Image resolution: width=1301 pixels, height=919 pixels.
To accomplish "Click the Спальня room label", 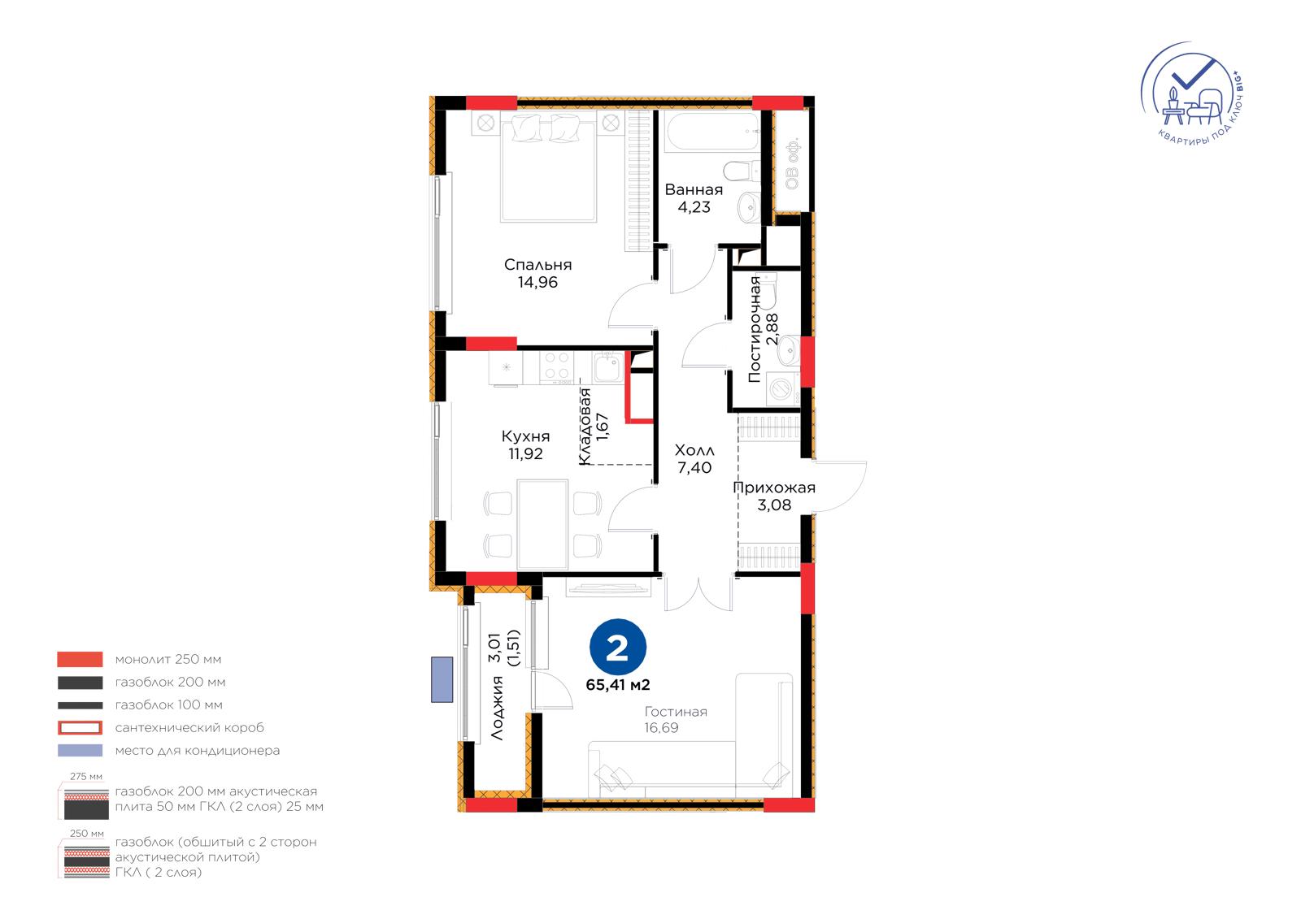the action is (537, 265).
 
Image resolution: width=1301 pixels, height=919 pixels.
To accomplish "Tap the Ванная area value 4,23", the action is (694, 207).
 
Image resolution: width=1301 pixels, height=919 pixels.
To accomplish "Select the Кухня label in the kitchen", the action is (525, 436).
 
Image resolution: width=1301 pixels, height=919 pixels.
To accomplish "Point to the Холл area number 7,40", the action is (694, 467).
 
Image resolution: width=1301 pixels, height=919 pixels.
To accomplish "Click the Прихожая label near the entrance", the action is (773, 488).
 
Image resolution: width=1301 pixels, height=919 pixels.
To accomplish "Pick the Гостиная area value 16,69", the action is (661, 728).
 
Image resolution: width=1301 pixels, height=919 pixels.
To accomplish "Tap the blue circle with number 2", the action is (617, 648).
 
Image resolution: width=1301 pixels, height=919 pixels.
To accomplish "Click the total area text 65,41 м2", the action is (617, 685).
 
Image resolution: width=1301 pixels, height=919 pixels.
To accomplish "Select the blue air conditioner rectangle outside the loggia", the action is (442, 679).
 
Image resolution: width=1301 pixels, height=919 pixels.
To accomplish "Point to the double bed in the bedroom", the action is (548, 167).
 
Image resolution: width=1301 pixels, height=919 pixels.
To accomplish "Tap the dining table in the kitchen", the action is (542, 524).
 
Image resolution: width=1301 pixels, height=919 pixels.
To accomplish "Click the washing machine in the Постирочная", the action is (782, 388).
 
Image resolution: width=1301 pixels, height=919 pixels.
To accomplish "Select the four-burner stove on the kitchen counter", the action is (556, 367).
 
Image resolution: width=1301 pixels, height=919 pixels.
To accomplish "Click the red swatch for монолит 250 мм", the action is (80, 660).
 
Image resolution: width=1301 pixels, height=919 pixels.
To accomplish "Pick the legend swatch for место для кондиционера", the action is (80, 751).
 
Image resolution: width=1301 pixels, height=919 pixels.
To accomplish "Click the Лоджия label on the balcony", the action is (497, 708).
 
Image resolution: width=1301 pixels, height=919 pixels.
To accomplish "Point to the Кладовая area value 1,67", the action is (603, 427).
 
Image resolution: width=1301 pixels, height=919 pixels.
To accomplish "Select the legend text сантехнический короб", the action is (189, 728).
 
